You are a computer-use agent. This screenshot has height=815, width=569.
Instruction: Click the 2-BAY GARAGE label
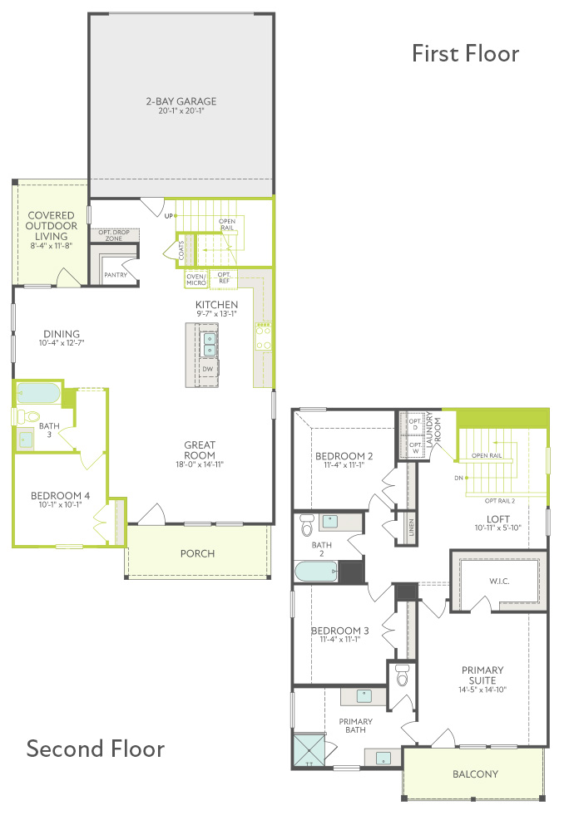point(181,101)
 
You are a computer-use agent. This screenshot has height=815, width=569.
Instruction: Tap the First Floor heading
point(465,53)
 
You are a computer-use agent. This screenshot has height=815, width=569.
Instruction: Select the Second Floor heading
point(96,749)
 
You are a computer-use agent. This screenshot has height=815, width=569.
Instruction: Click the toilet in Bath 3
point(28,416)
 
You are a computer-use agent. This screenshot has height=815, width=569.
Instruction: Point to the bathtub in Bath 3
point(38,394)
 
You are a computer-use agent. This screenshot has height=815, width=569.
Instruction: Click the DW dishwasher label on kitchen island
point(208,369)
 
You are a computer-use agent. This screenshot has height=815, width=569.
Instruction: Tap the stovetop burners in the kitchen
point(263,336)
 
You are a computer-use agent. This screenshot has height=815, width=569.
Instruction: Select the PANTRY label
point(115,275)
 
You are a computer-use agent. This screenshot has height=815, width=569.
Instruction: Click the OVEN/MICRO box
point(196,280)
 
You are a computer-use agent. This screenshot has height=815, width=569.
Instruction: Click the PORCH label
point(197,553)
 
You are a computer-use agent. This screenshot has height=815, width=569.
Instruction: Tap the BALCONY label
point(475,774)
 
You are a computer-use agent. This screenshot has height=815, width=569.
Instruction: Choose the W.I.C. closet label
point(499,581)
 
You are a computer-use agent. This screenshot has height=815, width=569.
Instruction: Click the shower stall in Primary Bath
point(309,749)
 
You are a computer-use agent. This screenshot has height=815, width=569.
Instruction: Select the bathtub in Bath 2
point(316,572)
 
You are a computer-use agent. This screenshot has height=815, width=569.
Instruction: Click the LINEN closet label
point(411,528)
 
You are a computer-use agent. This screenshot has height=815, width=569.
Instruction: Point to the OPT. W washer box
point(415,448)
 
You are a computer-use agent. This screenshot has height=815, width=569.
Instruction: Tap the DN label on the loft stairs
point(458,479)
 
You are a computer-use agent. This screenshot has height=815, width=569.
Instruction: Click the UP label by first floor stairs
point(169,216)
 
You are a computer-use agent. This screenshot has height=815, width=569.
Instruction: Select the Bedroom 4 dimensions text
point(60,504)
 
